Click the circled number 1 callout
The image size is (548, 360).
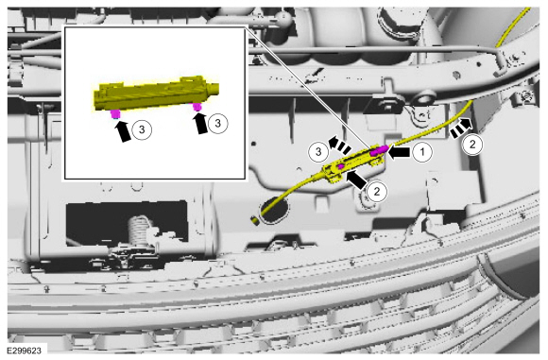coord(422,152)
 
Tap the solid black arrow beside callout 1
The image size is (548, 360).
coord(399,152)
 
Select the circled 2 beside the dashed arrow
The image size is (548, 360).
coord(472,144)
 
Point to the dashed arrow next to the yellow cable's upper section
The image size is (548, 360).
coord(460,128)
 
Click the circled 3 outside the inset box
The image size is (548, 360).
coord(318,152)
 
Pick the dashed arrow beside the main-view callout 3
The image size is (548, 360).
coord(340,145)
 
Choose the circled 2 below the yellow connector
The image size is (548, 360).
coord(377,192)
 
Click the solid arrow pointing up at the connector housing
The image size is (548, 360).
coord(356,179)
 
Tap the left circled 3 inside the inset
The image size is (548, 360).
coord(142,129)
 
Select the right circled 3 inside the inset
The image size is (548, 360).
coord(217,123)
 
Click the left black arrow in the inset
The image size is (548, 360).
coord(122,130)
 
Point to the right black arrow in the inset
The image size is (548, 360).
coord(200,122)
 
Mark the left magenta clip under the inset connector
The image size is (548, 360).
coord(115,114)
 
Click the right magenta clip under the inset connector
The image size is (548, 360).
coord(197,107)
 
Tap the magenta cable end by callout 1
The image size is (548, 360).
coord(380,150)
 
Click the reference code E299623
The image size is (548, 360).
coord(24,351)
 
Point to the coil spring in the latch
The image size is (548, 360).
coord(137,231)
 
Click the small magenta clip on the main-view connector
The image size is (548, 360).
coord(340,167)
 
